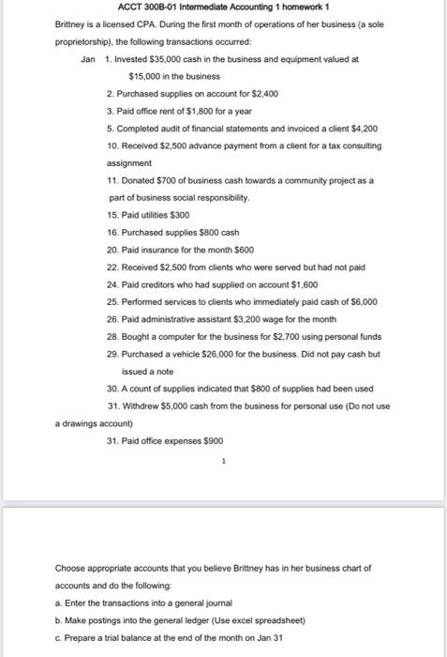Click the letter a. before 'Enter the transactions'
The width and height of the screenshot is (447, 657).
coord(59,602)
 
